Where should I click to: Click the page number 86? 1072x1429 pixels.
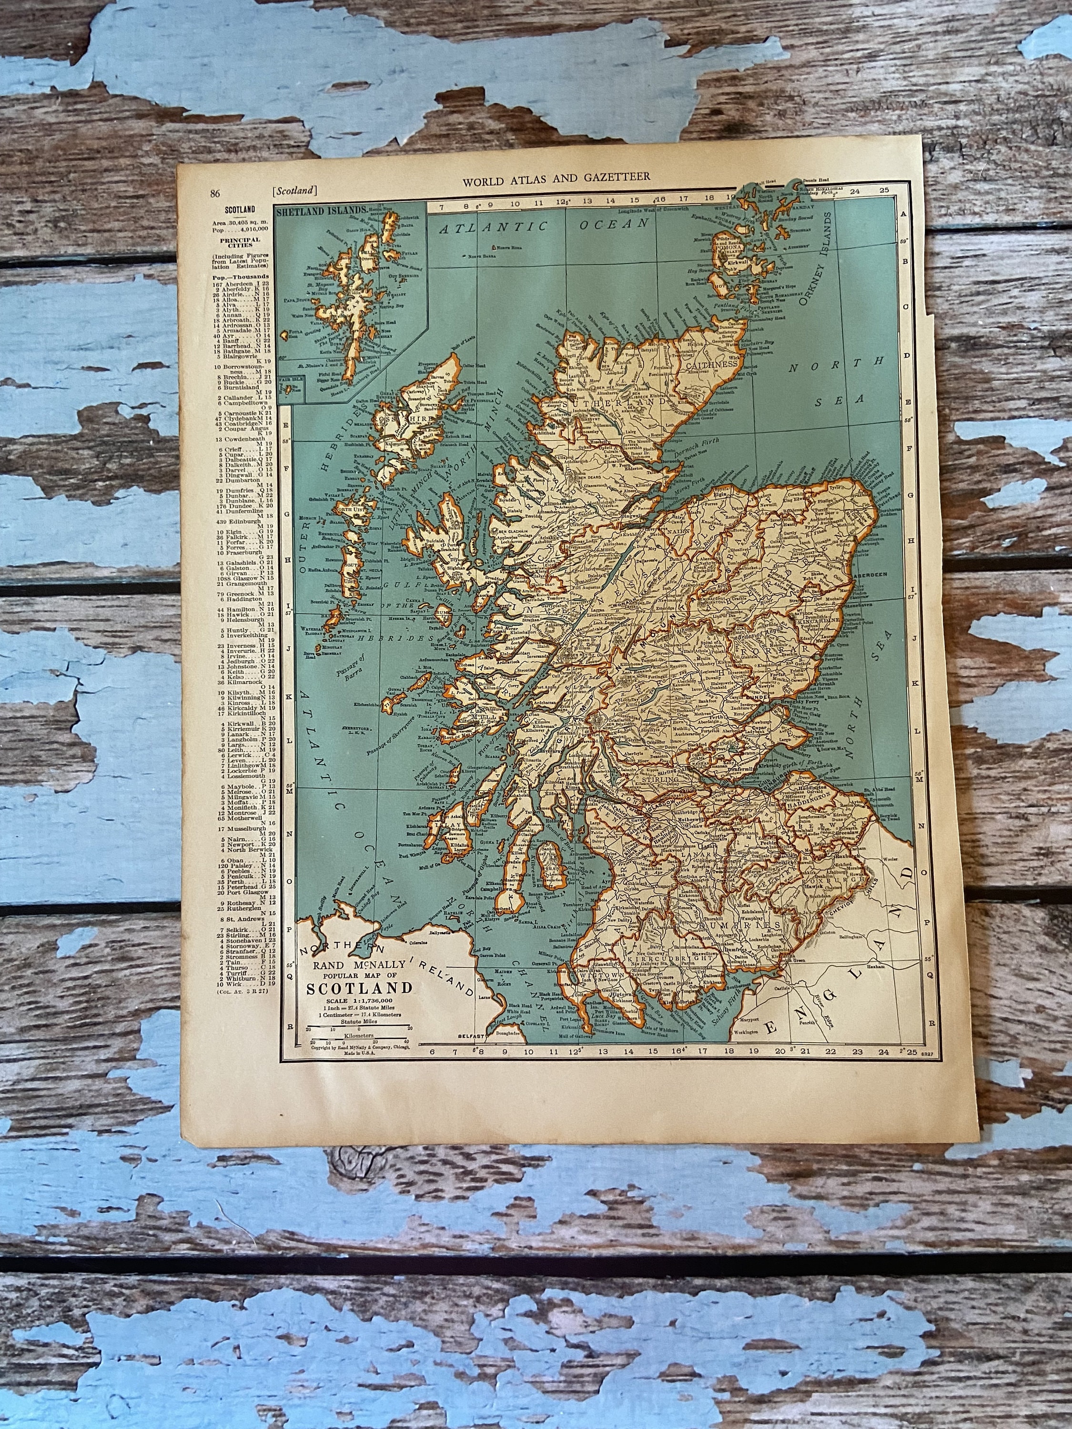coord(215,192)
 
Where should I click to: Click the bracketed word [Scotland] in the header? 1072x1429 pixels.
coord(294,191)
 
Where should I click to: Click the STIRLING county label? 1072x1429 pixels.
coord(658,780)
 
